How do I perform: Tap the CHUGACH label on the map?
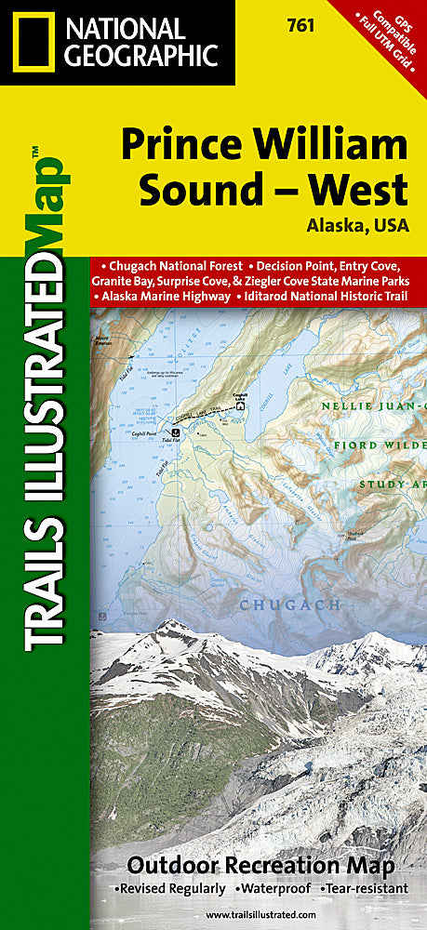pos(255,605)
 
